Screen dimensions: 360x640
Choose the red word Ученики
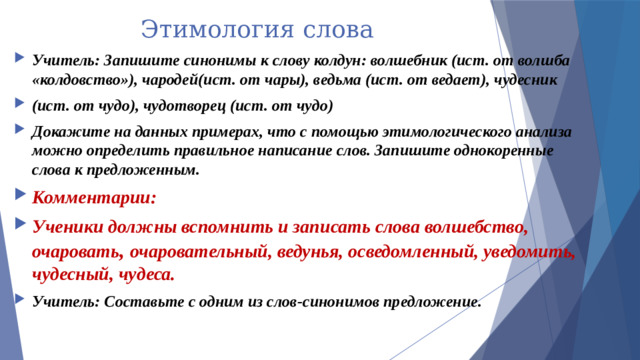(69, 224)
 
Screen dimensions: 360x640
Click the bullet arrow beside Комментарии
(20, 196)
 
